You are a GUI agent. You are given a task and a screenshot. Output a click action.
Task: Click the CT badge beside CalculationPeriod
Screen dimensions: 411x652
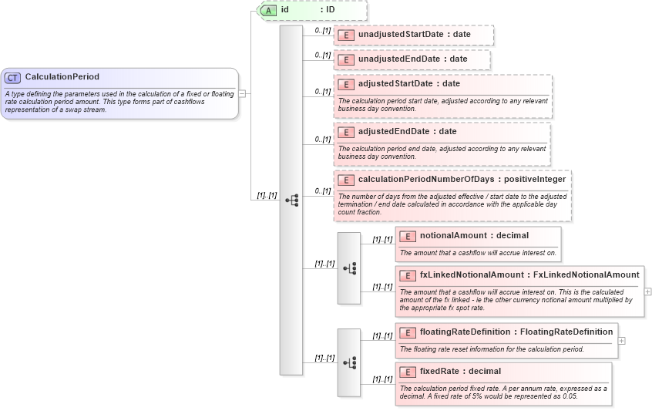coord(12,77)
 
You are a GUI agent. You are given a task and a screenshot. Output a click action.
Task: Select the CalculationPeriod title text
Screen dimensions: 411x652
coord(62,77)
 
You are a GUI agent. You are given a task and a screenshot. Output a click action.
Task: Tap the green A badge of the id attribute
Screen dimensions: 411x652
coord(269,10)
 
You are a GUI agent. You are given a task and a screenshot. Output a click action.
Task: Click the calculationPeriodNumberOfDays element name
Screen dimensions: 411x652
coord(426,180)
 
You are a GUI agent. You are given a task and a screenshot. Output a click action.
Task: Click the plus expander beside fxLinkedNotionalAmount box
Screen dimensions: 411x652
coord(647,291)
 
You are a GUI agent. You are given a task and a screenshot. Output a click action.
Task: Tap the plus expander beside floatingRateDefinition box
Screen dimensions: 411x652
coord(621,340)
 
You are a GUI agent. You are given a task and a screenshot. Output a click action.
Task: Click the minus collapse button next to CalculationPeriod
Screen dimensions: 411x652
coord(242,93)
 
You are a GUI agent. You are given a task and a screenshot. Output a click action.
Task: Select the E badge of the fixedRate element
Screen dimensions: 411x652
coord(408,372)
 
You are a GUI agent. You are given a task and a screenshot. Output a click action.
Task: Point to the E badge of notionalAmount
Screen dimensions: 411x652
coord(408,236)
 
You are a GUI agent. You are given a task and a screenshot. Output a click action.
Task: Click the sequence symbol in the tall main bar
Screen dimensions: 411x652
coord(291,200)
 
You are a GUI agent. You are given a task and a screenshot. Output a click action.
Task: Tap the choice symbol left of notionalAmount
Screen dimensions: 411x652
coord(349,268)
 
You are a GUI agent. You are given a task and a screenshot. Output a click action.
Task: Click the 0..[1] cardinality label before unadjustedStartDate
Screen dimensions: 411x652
coord(322,30)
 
